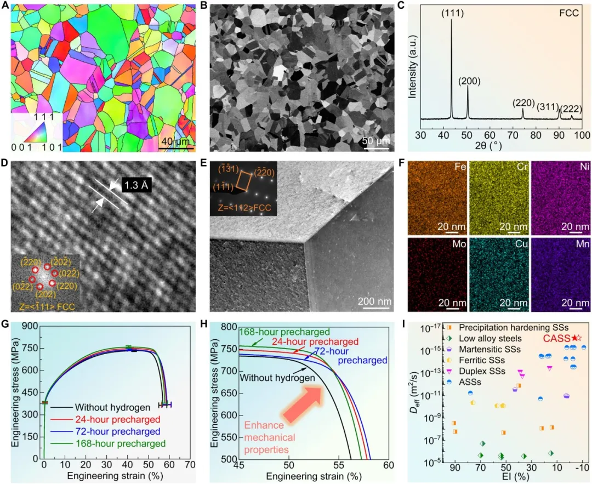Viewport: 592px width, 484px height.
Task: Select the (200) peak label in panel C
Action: click(469, 81)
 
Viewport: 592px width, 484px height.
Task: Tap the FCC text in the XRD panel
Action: click(567, 13)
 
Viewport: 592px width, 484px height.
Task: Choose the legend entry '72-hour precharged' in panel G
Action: click(118, 431)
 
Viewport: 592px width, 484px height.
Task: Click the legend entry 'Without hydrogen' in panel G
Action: click(113, 407)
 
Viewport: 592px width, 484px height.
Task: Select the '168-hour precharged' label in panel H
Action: click(284, 332)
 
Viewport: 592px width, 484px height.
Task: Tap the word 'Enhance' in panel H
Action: click(264, 425)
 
